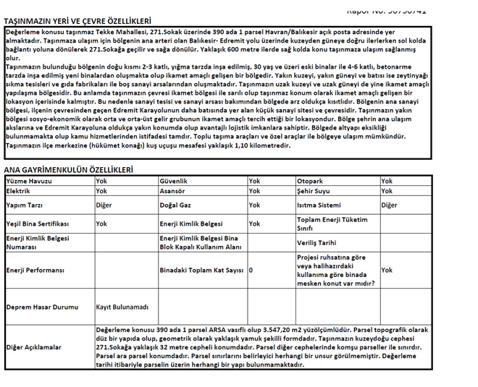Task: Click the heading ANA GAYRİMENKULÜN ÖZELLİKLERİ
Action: click(69, 170)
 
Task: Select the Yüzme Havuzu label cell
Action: click(29, 181)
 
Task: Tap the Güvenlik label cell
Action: click(174, 181)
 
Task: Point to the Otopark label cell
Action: click(311, 181)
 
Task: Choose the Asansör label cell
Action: click(173, 192)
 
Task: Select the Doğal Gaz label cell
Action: click(175, 205)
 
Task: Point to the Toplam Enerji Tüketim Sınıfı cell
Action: click(332, 224)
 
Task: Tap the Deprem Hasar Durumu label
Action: click(42, 307)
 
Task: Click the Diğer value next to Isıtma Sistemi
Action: click(390, 205)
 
